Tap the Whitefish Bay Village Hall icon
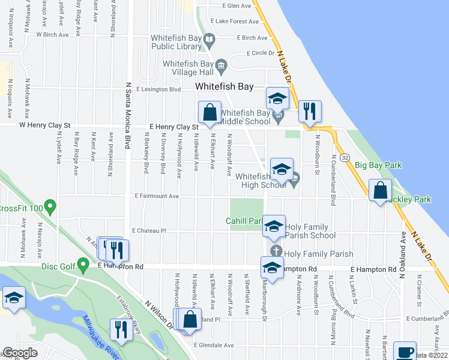[221, 65]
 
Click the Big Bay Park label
[378, 165]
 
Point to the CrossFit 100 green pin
[50, 208]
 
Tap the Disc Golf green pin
[83, 266]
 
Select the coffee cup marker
[405, 352]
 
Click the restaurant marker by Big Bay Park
[310, 111]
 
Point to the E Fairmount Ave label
[157, 196]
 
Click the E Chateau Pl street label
[148, 230]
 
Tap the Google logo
[20, 353]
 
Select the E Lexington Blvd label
[158, 89]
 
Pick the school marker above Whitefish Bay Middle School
[278, 98]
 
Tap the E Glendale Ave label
[214, 345]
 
